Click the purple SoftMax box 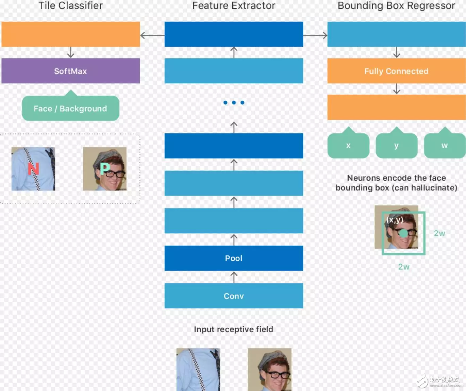tap(70, 71)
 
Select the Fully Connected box tap(397, 71)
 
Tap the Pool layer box tap(234, 258)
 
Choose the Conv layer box tap(234, 296)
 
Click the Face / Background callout tap(70, 108)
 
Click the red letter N tap(33, 168)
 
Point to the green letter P tap(105, 168)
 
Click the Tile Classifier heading tap(70, 5)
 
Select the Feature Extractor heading tap(234, 5)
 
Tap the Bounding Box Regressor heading tap(396, 5)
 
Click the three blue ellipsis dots tap(234, 102)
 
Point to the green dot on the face tap(403, 233)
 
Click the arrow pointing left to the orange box tap(152, 35)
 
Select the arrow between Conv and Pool tap(234, 277)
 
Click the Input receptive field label tap(233, 329)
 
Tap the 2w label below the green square tap(404, 266)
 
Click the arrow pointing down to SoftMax tap(70, 52)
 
